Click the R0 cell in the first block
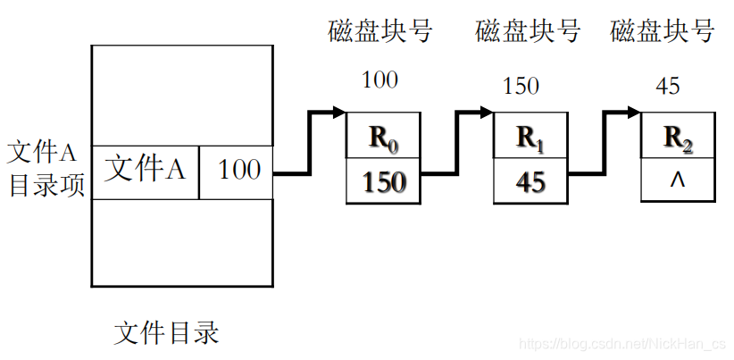382,138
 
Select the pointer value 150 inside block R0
382,182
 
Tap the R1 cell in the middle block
530,138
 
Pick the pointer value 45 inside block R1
530,182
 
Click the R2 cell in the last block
678,138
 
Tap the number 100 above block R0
380,80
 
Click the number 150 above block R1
521,87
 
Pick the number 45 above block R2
667,87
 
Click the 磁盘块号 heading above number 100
380,32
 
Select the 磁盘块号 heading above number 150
528,32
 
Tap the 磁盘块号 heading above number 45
663,32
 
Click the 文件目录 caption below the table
167,334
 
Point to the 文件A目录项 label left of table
45,169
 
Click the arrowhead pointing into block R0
338,113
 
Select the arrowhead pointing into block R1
486,113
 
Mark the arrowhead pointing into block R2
633,113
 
